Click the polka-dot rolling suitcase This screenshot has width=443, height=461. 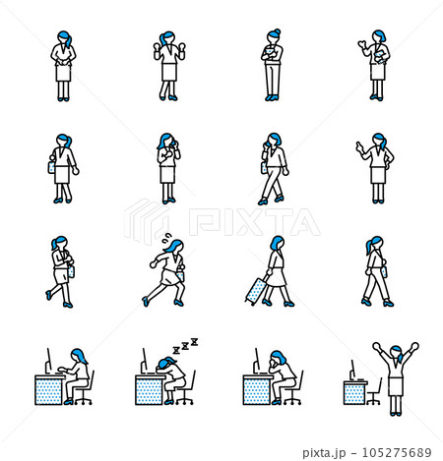point(256,291)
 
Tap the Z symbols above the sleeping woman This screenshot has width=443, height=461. point(186,346)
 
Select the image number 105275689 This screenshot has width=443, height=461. point(397,453)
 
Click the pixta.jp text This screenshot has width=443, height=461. point(324,453)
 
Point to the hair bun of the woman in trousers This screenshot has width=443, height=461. point(278,31)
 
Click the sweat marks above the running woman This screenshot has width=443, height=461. point(167,238)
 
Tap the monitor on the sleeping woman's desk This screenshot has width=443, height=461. point(144,361)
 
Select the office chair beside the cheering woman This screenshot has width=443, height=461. point(374,392)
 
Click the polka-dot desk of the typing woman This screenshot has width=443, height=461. point(49,390)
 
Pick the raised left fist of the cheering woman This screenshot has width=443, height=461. point(376,346)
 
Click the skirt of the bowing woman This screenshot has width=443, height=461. point(63,73)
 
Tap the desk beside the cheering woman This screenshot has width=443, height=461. point(355,392)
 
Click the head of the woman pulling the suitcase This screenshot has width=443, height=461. point(278,243)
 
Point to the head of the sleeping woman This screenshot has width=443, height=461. point(164,364)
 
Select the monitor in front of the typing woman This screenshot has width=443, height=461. point(48,361)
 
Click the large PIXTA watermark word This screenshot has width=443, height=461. point(255,222)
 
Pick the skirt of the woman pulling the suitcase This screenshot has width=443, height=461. point(277,278)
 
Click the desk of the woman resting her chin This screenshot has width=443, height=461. point(258,390)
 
